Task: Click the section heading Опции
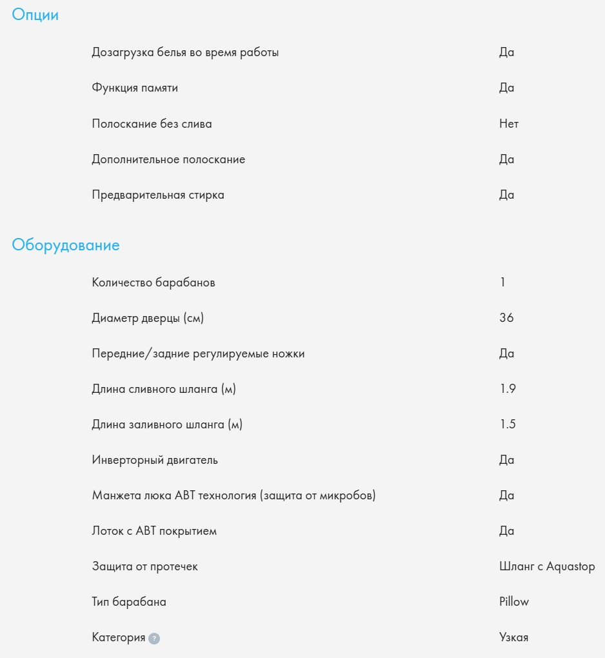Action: [35, 15]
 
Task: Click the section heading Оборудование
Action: [66, 245]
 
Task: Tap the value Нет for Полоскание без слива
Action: [508, 124]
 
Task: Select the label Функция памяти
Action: [135, 88]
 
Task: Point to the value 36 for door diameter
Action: [506, 318]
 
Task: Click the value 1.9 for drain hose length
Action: [507, 389]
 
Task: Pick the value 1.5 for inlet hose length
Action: [507, 424]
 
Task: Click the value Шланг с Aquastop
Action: [547, 566]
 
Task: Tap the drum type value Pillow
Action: [513, 602]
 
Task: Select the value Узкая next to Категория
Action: [513, 637]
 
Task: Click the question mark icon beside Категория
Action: [154, 638]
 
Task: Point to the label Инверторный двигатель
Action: [155, 460]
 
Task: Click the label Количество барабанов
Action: [154, 283]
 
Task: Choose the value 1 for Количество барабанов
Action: [502, 283]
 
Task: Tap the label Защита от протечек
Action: [145, 566]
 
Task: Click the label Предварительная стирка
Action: [158, 195]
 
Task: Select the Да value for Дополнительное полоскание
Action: [506, 159]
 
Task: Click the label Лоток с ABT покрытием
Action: [154, 531]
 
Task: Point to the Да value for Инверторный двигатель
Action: [506, 460]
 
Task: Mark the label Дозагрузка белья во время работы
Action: [185, 52]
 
